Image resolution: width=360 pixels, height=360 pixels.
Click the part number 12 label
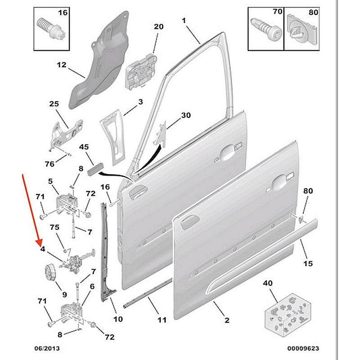coord(61,65)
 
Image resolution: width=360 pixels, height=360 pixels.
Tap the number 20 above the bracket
coord(159,27)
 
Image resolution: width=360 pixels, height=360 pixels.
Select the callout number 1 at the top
coord(184,20)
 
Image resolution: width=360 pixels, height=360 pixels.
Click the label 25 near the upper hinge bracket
coord(54,104)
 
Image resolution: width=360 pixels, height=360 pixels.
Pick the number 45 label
coord(84,147)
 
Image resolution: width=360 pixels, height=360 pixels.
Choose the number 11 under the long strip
coord(162,320)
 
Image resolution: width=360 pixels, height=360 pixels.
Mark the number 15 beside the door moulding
coord(308,264)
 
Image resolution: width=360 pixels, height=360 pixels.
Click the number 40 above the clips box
coord(268,283)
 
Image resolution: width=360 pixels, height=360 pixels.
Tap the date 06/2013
coord(47,348)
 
